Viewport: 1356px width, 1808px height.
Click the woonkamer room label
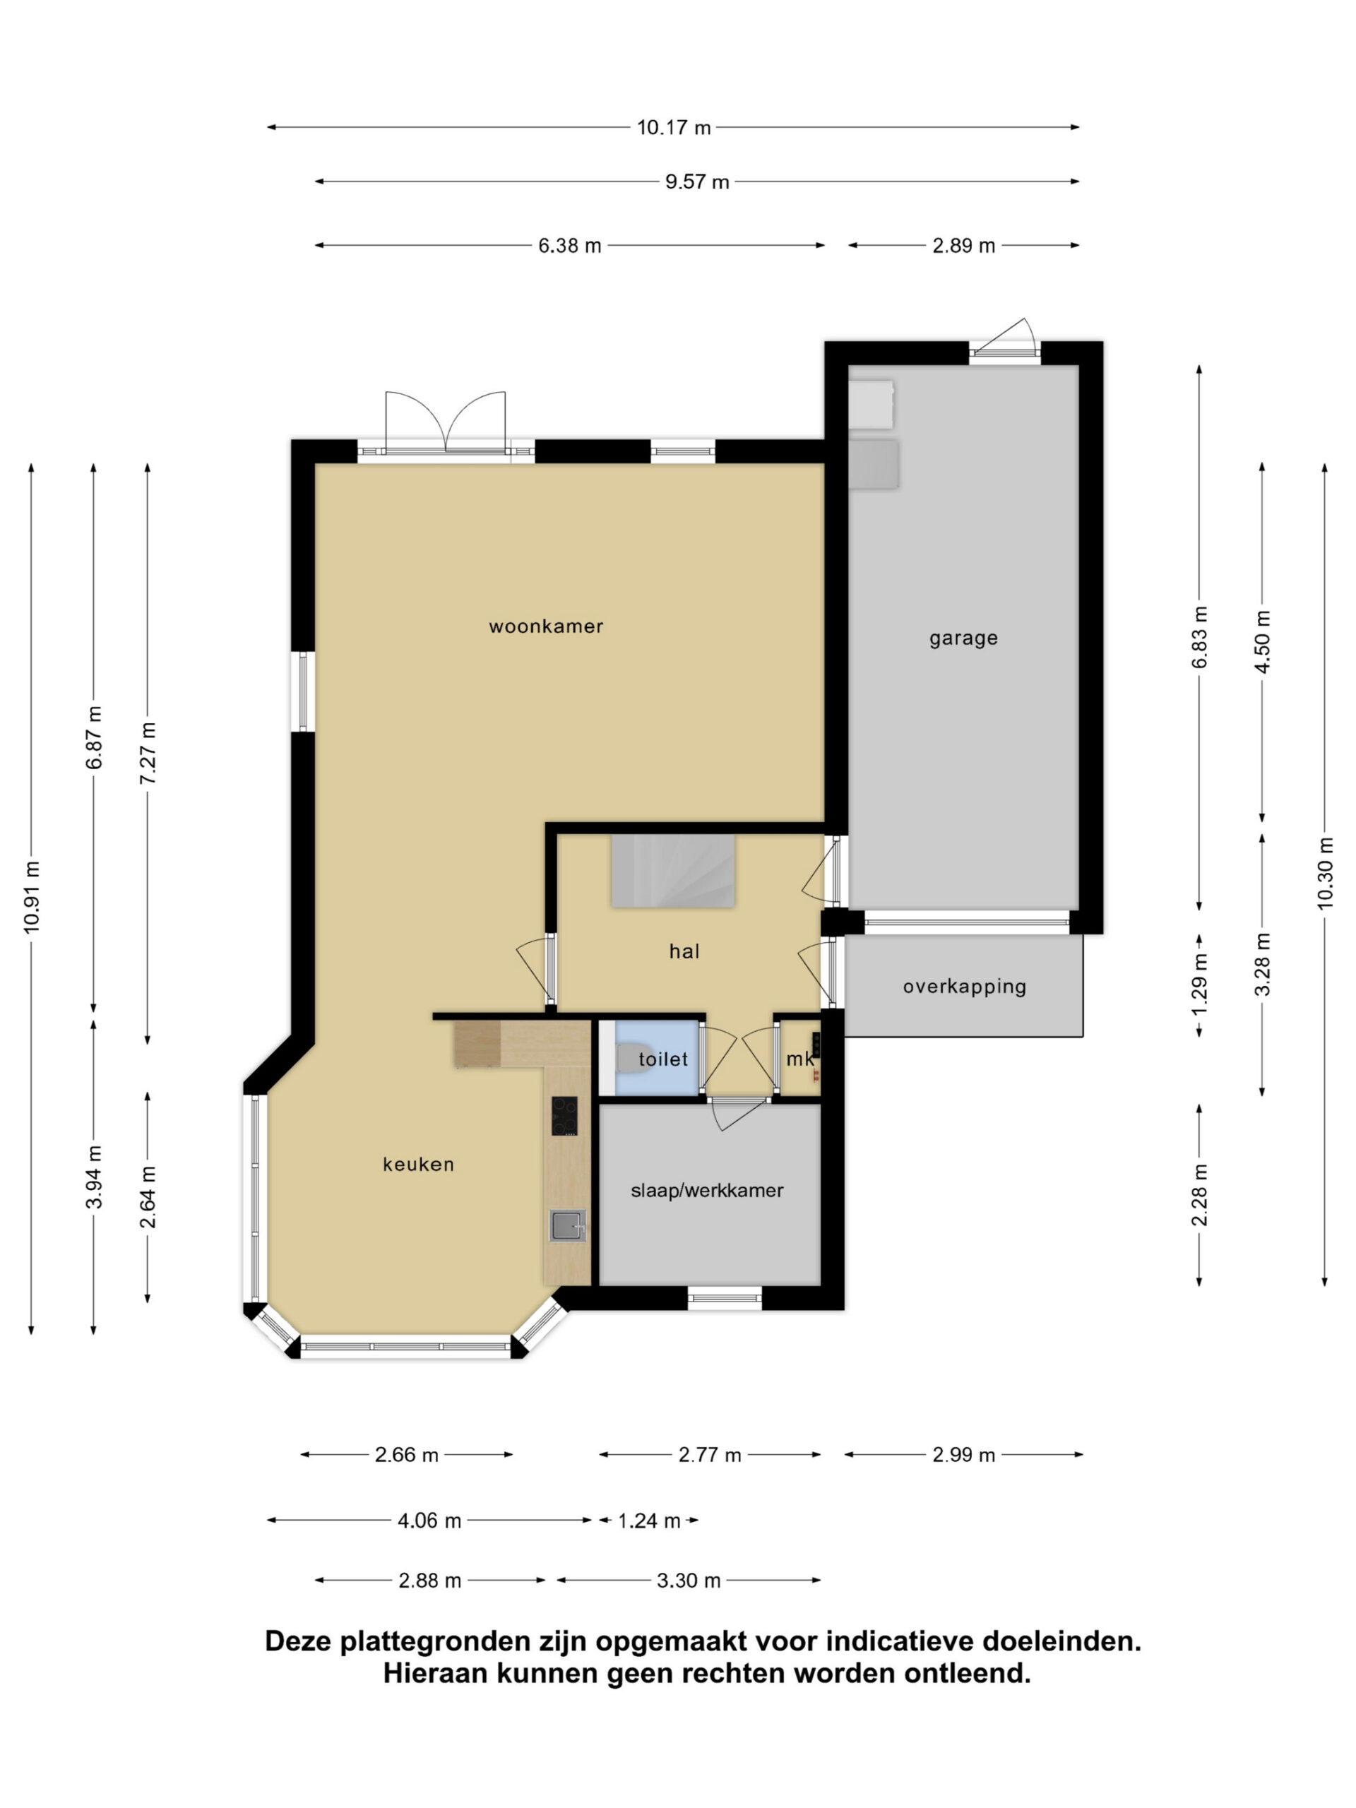click(545, 626)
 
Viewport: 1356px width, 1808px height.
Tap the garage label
click(963, 638)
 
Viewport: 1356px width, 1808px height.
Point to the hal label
click(684, 951)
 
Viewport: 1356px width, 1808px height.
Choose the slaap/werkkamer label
click(706, 1190)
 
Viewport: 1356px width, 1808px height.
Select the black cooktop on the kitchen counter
click(564, 1116)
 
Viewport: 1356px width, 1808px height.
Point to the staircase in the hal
click(672, 871)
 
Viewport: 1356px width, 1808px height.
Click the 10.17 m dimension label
click(674, 128)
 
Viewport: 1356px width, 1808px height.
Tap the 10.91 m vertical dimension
click(32, 897)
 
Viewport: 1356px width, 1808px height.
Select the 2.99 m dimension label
click(963, 1455)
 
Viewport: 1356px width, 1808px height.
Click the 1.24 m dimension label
click(649, 1521)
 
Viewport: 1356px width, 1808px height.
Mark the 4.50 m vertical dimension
click(1263, 641)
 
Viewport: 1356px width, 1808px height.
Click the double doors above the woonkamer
click(446, 422)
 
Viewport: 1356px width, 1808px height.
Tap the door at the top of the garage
click(1004, 337)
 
